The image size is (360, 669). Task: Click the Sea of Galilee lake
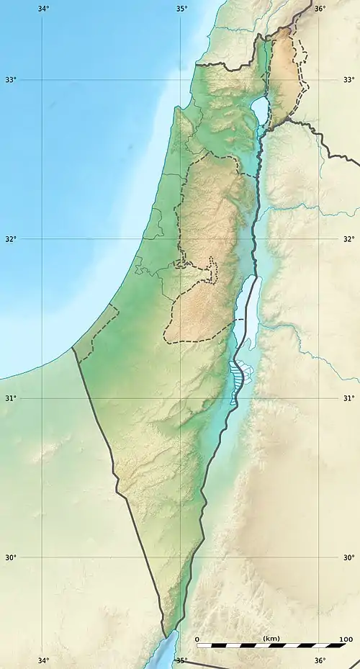[258, 109]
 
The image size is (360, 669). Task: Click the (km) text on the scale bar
[271, 639]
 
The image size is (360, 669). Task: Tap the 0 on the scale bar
[197, 639]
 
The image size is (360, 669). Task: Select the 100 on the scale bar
[346, 639]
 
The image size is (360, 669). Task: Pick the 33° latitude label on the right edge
[348, 79]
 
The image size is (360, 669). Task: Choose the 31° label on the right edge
[348, 398]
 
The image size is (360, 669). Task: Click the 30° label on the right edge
[348, 557]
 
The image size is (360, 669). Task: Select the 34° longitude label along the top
[43, 9]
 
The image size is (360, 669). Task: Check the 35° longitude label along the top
[181, 9]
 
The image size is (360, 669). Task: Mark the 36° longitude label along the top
[320, 9]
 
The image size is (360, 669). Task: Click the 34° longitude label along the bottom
[43, 660]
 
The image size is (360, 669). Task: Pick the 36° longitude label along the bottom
[320, 660]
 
